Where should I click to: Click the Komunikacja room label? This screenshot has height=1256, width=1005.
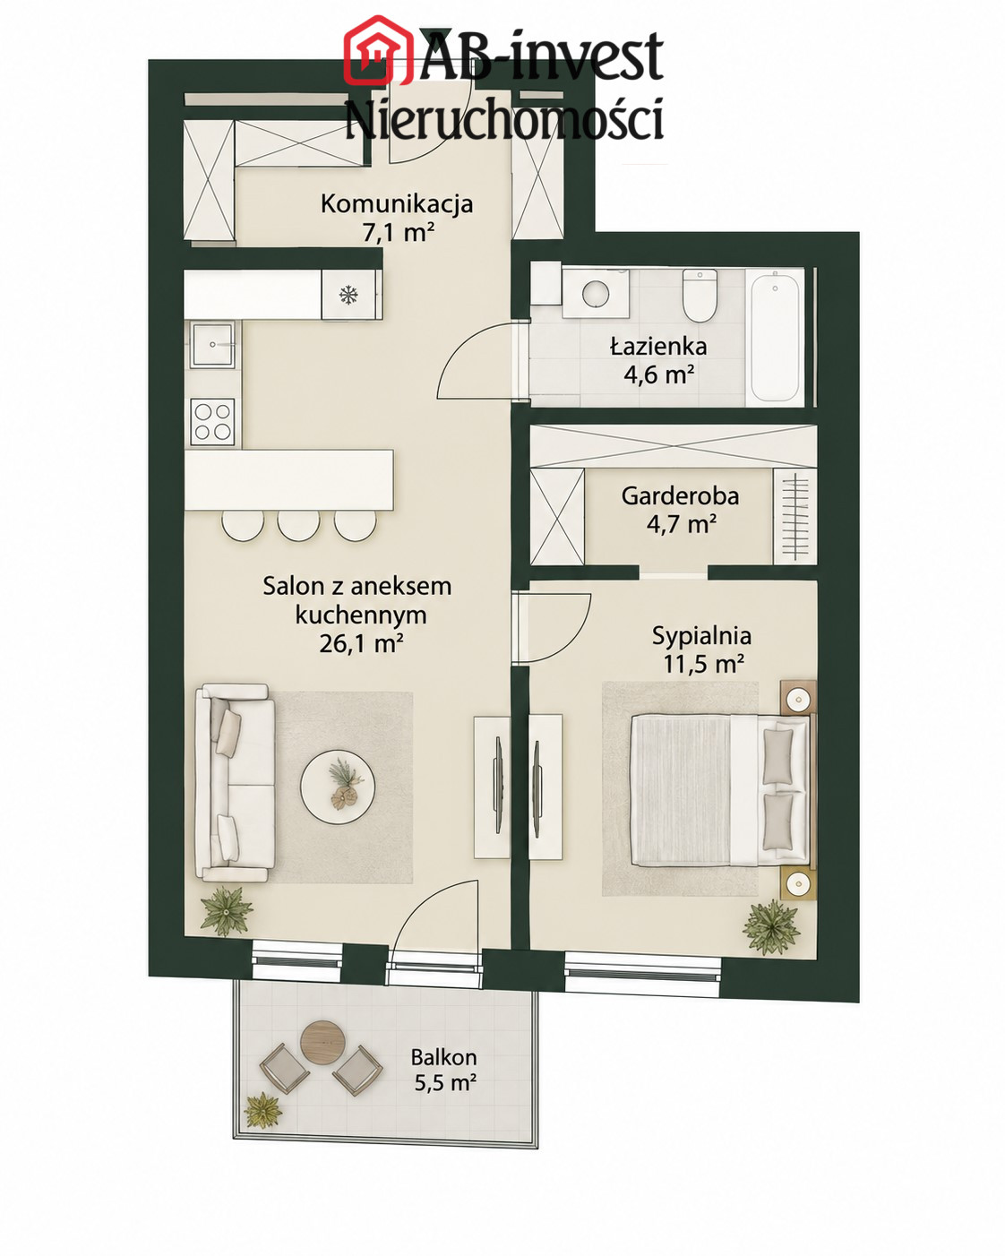(x=396, y=204)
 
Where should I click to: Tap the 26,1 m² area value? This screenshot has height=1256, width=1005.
(x=361, y=643)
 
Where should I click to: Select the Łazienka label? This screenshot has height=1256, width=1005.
(x=658, y=347)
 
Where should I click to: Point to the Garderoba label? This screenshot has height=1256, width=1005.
(x=680, y=496)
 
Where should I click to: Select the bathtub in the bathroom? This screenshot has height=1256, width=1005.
(x=775, y=337)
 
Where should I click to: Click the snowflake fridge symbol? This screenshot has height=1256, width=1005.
(x=348, y=296)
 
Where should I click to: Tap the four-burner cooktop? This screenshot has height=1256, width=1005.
(x=212, y=422)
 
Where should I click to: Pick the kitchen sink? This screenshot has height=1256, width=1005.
(x=213, y=344)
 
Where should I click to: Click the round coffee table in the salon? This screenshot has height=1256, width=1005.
(x=338, y=787)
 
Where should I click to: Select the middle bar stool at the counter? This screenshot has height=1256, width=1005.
(x=298, y=525)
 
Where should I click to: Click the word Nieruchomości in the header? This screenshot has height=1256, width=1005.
(x=505, y=119)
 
